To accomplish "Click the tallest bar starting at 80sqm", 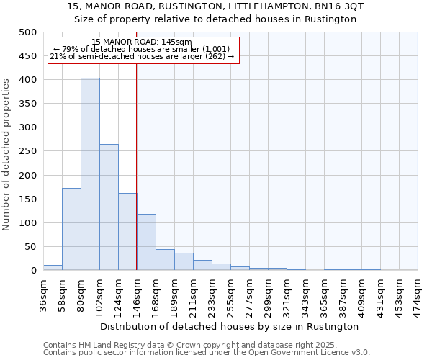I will click(90, 174).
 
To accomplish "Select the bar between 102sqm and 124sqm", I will click(109, 207).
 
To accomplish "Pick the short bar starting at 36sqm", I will click(53, 267).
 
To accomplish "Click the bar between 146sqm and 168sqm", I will click(146, 242).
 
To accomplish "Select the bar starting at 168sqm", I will click(165, 260).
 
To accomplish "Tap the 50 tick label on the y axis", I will click(30, 247).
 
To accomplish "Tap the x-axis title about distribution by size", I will click(230, 326).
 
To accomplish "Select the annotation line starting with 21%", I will click(142, 56).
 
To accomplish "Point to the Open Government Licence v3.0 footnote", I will click(310, 353).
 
